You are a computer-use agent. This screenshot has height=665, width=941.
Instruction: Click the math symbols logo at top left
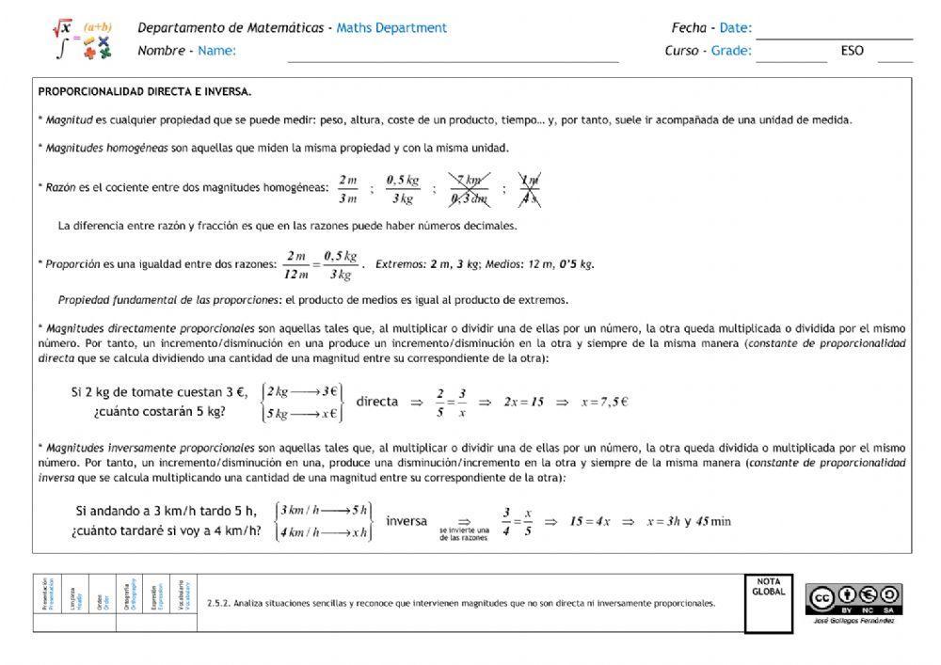[x=82, y=40]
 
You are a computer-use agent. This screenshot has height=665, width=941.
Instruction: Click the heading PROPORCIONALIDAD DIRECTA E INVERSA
[x=144, y=92]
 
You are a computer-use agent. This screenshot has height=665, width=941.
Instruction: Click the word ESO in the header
[x=852, y=51]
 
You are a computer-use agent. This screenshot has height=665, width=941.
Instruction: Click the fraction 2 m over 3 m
[x=348, y=189]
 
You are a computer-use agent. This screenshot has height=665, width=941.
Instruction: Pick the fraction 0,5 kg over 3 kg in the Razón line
[x=402, y=189]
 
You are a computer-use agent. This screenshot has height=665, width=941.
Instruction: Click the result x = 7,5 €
[x=604, y=402]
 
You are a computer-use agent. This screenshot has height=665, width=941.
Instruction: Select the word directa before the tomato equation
[x=376, y=401]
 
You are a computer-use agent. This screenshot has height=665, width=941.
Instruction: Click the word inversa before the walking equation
[x=407, y=520]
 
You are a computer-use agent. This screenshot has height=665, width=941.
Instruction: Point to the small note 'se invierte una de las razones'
[x=464, y=535]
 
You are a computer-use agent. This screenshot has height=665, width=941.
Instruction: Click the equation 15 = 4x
[x=590, y=521]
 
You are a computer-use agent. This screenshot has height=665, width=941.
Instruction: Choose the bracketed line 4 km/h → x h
[x=323, y=533]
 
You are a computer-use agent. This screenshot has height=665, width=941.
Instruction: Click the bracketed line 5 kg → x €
[x=301, y=413]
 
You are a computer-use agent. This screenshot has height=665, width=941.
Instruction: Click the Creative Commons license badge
[x=853, y=597]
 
